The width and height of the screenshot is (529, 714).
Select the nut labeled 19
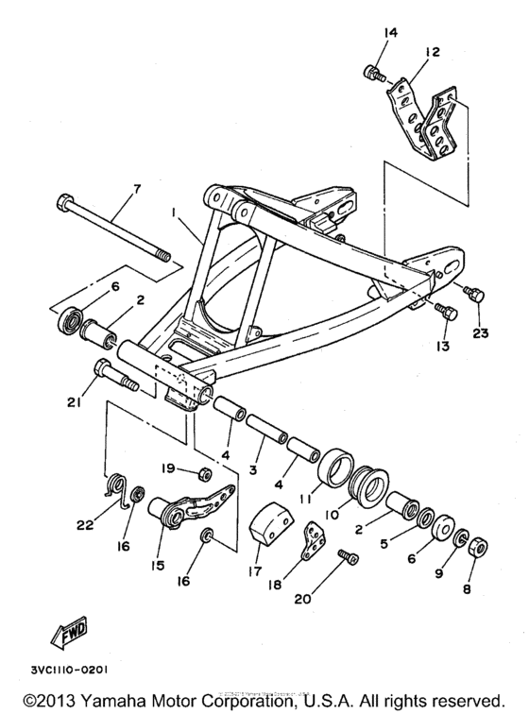click(201, 471)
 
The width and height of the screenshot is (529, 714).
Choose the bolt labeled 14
click(375, 73)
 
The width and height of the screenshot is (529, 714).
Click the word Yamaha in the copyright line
click(107, 702)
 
